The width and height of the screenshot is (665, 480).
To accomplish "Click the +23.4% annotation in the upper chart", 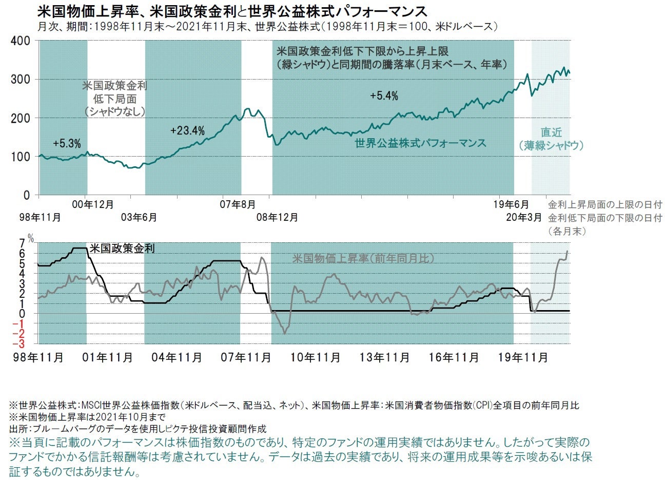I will [187, 131].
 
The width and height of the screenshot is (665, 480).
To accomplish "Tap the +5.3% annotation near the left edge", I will [67, 144].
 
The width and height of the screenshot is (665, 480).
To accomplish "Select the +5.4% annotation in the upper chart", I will [384, 96].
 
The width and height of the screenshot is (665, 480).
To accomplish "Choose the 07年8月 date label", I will [238, 204].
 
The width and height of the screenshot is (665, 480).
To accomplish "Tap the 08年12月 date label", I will [277, 218].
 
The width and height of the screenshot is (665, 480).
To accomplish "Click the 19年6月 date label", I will [514, 204].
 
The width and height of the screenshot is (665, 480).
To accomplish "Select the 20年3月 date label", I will [524, 218].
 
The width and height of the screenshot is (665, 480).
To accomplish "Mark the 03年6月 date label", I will [139, 218].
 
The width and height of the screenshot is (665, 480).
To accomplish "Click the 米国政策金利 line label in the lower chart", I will [122, 248].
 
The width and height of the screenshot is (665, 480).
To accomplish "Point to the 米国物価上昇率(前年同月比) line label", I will [363, 258].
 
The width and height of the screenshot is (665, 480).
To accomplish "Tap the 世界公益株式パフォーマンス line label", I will [420, 143].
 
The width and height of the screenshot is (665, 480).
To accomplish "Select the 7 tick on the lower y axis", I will [22, 243].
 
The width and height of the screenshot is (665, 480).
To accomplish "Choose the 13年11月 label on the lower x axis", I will [384, 357].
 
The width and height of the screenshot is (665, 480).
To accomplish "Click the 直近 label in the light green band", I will [551, 132].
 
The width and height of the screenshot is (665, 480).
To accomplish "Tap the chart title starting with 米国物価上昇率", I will [232, 11].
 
